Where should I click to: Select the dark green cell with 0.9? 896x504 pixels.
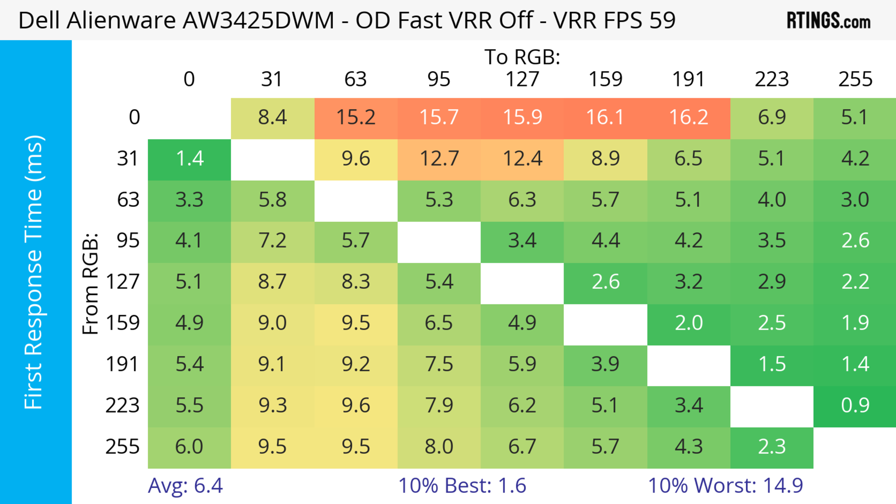coord(855,406)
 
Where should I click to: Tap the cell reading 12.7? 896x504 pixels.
coord(439,159)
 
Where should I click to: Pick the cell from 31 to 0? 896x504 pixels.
coord(189,159)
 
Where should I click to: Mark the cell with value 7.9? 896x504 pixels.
coord(439,406)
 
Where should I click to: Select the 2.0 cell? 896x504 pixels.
coord(689,323)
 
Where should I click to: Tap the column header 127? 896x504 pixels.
coord(522,79)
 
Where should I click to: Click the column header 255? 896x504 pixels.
coord(855,79)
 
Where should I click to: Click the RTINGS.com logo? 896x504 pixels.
coord(829,21)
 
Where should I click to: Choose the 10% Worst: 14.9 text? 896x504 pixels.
coord(725,486)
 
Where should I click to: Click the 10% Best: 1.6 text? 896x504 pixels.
coord(462,486)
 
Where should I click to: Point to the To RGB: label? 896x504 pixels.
coord(522,57)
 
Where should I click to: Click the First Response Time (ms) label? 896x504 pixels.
coord(34,272)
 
